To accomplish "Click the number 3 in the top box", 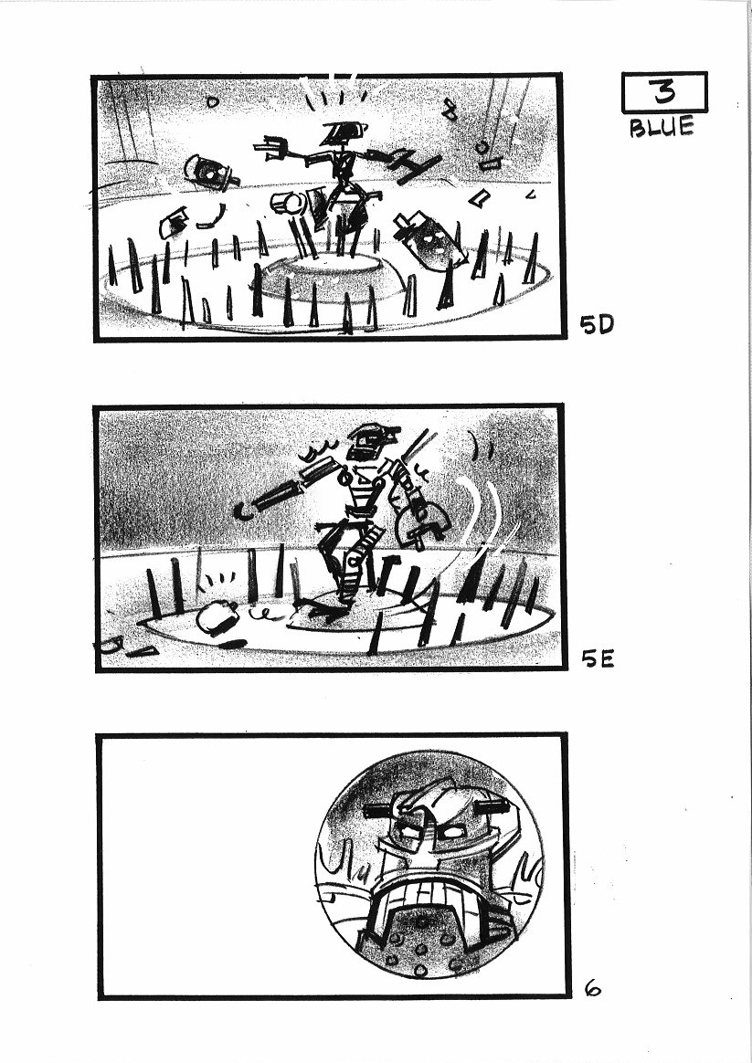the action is pos(664,91).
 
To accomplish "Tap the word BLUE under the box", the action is pos(662,127).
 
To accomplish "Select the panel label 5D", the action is pos(597,325).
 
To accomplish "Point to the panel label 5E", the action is pos(598,658).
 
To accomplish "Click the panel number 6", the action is pos(592,989).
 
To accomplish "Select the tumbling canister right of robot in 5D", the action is pos(429,241).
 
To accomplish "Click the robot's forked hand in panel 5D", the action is pos(271,149).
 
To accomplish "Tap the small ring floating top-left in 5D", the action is pos(213,102).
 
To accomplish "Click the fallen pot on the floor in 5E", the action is pos(217,619).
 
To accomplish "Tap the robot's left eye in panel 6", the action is pos(408,829).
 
